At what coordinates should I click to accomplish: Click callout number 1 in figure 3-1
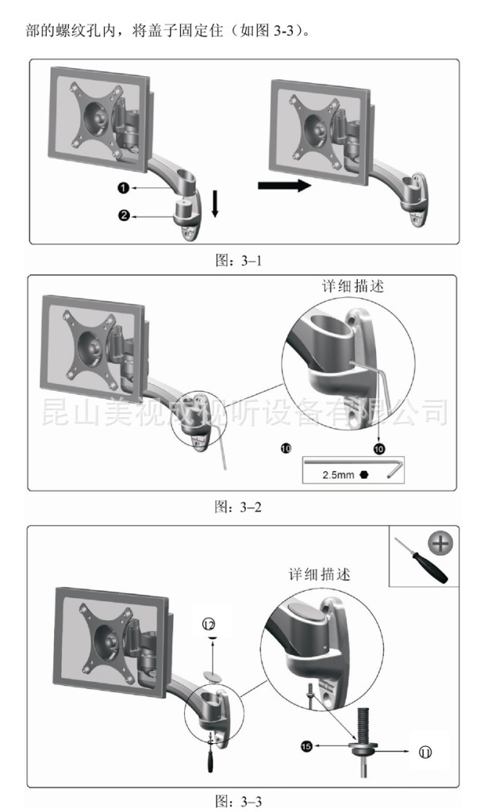click(x=123, y=188)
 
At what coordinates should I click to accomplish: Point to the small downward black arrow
click(x=215, y=204)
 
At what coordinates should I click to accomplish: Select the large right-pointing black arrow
click(x=284, y=186)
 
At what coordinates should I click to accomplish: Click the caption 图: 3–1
click(x=239, y=260)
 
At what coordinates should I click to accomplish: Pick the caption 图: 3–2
click(x=238, y=507)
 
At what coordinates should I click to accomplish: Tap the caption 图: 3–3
click(x=239, y=802)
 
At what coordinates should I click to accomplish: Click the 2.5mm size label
click(x=338, y=475)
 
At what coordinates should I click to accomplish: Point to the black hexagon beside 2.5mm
click(x=363, y=474)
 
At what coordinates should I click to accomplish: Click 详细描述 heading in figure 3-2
click(x=353, y=286)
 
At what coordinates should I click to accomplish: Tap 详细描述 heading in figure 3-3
click(x=320, y=574)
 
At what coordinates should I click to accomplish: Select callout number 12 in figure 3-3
click(x=209, y=625)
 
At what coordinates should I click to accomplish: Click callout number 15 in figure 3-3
click(x=306, y=746)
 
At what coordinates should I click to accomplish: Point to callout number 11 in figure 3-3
click(x=425, y=752)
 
